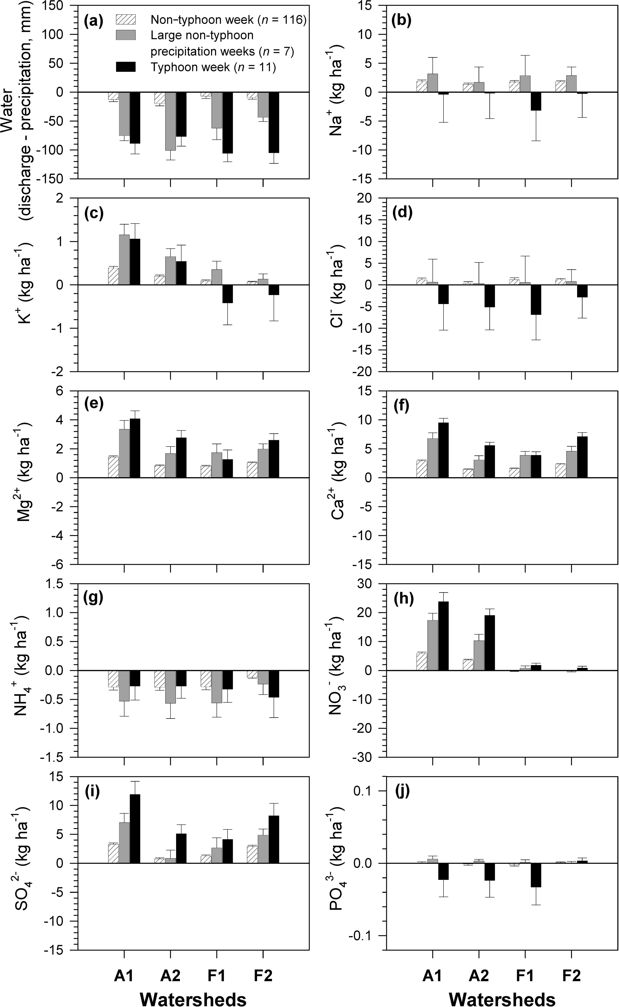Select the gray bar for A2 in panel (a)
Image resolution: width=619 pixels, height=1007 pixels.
170,121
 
